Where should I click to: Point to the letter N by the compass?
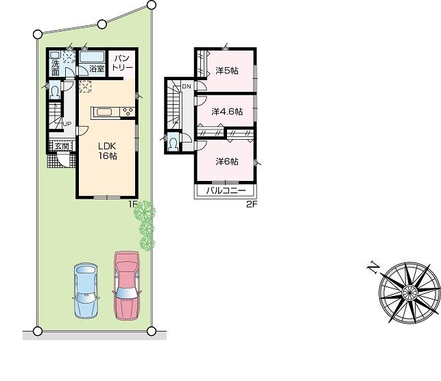click(373, 268)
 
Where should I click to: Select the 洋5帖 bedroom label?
click(226, 71)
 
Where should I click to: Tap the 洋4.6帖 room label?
click(227, 112)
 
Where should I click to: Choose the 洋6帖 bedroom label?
click(226, 162)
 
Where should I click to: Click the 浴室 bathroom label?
click(97, 69)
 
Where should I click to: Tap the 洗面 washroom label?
click(55, 68)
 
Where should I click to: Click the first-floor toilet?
click(55, 90)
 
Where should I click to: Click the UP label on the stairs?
click(67, 123)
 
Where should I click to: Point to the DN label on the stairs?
click(187, 86)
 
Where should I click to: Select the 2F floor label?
click(251, 204)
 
